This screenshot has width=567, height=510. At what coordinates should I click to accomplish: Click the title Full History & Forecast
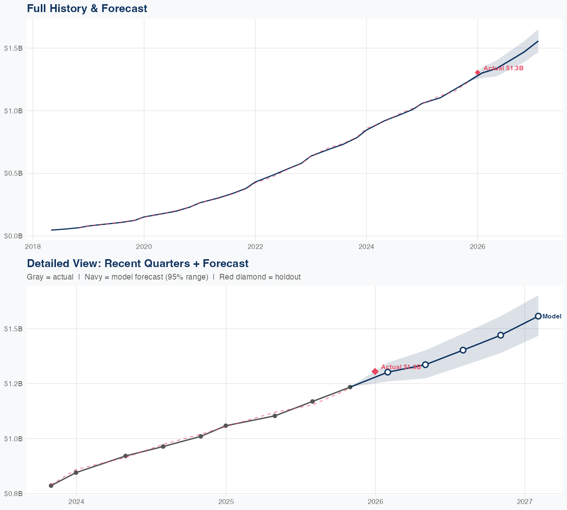87,8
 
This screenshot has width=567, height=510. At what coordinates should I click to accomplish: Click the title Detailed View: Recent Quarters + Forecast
138,263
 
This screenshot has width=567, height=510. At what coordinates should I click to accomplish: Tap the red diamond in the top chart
478,73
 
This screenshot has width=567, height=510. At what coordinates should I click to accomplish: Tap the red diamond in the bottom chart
375,371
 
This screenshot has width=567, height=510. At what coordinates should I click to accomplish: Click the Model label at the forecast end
552,317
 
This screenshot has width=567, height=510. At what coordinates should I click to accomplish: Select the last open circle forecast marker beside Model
538,316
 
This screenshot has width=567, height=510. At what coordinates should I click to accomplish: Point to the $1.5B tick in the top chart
13,48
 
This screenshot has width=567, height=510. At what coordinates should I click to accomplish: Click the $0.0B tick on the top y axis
13,236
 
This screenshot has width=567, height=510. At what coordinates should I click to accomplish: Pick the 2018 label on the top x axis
33,247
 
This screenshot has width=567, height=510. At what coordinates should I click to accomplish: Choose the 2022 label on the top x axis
255,247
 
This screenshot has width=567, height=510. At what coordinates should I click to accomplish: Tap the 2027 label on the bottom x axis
525,502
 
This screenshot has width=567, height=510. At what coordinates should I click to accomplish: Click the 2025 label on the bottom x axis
226,502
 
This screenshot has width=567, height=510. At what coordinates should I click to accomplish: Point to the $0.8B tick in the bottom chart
13,493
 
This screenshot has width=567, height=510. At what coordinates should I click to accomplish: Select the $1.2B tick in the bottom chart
13,383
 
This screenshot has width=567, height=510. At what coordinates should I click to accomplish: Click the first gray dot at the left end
51,485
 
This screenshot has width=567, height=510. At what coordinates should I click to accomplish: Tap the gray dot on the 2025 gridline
226,426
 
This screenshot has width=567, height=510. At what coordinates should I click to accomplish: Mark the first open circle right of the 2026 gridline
387,372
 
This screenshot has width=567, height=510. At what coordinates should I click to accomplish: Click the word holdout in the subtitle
288,277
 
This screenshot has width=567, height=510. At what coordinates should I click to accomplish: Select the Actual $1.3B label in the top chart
503,68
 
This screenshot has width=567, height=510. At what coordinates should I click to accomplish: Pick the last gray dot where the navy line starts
350,387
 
